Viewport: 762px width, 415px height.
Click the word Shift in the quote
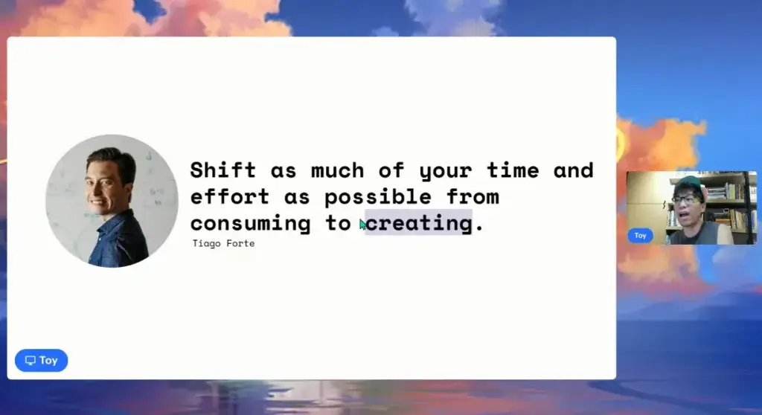pos(222,170)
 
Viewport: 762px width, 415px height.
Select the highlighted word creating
pos(418,223)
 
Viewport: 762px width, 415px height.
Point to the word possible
pos(377,197)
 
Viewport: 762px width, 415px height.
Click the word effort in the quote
pos(229,197)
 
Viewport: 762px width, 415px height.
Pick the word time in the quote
pos(513,170)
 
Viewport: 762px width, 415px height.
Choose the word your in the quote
pos(445,172)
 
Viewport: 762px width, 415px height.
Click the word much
pos(337,170)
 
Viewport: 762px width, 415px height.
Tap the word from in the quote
pos(473,197)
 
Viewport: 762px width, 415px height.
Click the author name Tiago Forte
pos(223,243)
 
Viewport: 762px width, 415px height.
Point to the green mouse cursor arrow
pos(362,225)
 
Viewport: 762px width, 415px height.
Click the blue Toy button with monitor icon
pos(42,360)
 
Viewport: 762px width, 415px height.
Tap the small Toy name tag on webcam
pos(640,236)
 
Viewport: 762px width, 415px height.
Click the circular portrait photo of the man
pos(112,201)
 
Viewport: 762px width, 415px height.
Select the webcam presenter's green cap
pos(687,184)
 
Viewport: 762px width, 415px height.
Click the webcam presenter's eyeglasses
pos(686,199)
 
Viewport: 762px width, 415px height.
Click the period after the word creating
pos(480,229)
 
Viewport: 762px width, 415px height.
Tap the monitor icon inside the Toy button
pos(31,360)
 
